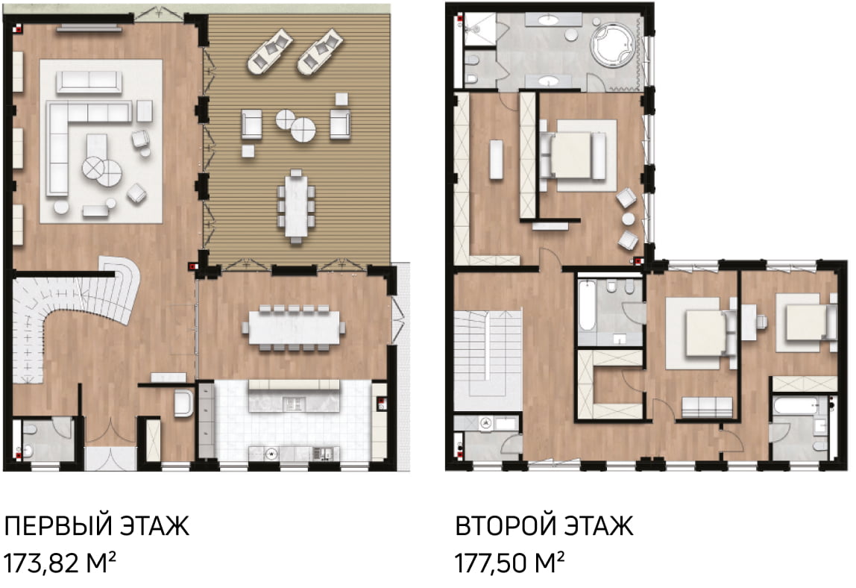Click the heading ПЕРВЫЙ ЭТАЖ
click(97, 526)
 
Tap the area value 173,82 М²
click(60, 563)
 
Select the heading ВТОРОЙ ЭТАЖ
click(544, 526)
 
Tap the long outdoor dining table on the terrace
click(295, 206)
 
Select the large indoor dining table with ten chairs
click(295, 328)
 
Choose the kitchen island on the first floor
click(294, 395)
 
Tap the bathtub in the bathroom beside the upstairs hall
click(587, 305)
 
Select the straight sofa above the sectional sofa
click(89, 82)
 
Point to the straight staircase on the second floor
click(488, 360)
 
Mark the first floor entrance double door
click(110, 433)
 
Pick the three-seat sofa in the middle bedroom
click(707, 407)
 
